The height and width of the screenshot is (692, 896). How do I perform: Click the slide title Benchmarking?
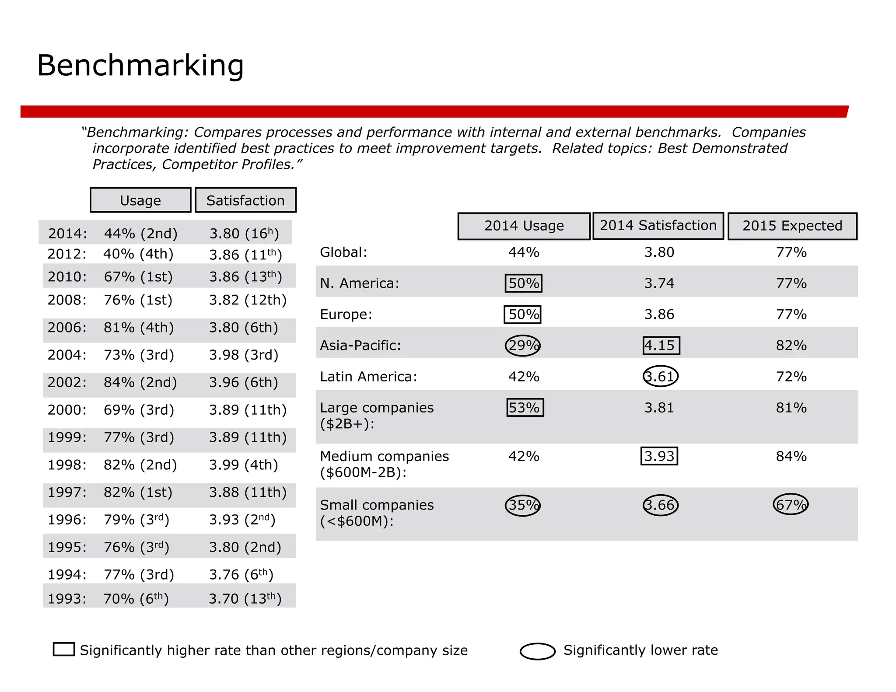140,66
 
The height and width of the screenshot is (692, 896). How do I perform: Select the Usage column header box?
140,200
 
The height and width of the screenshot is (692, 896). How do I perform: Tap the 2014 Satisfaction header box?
658,226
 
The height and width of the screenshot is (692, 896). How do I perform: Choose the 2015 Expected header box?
792,226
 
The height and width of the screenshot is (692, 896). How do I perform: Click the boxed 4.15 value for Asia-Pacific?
661,346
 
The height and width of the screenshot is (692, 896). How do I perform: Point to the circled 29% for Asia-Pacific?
523,346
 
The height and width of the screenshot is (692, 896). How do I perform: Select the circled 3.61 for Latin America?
660,376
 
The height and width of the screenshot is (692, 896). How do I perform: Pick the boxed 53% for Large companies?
525,408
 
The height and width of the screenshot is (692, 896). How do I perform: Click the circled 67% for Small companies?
791,505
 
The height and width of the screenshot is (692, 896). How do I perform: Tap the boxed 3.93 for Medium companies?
659,456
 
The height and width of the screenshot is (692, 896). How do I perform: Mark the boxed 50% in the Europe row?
523,315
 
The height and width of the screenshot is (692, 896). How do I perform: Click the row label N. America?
360,283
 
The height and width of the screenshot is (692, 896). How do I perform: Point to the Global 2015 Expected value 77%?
791,252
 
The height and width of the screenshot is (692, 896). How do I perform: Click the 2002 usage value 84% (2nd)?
140,382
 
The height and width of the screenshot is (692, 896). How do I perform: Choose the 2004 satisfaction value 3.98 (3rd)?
243,355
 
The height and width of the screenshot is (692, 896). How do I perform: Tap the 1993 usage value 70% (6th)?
136,598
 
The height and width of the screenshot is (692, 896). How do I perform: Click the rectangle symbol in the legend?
64,649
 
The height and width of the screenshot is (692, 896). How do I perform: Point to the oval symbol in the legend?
538,651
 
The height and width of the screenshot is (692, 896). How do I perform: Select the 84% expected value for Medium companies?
791,456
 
